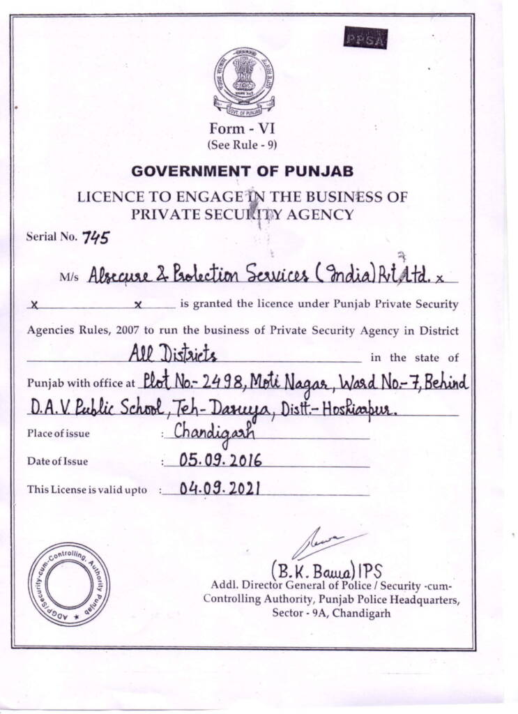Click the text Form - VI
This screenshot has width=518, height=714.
click(237, 129)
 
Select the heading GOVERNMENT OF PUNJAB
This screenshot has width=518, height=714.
click(242, 171)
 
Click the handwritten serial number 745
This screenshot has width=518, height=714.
click(96, 237)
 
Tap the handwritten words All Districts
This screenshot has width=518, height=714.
click(173, 356)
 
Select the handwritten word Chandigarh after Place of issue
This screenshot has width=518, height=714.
click(214, 432)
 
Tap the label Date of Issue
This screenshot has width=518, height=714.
click(57, 462)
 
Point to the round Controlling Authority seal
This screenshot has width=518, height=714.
click(68, 584)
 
